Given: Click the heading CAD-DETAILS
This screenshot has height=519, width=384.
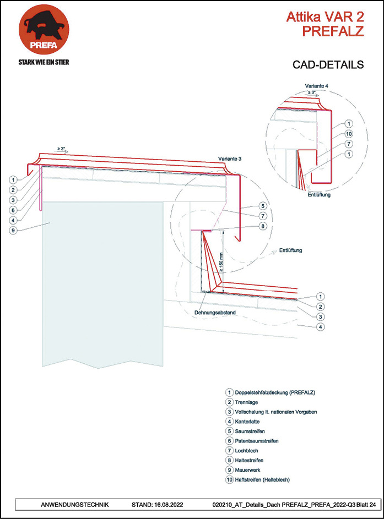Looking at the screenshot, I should pyautogui.click(x=328, y=65).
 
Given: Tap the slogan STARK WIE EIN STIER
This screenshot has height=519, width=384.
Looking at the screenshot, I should pyautogui.click(x=44, y=62).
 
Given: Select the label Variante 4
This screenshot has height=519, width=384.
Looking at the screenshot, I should pyautogui.click(x=317, y=86).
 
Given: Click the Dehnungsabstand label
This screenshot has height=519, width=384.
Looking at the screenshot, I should pyautogui.click(x=215, y=313).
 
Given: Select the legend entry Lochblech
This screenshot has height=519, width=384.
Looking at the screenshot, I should pyautogui.click(x=247, y=450).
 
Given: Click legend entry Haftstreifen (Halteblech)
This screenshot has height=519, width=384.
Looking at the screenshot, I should pyautogui.click(x=262, y=479).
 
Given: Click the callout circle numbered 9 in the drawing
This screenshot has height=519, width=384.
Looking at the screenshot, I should pyautogui.click(x=12, y=230).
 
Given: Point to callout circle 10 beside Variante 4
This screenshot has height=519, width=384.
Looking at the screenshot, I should pyautogui.click(x=348, y=134).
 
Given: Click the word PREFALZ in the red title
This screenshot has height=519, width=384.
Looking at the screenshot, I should pyautogui.click(x=333, y=31).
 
